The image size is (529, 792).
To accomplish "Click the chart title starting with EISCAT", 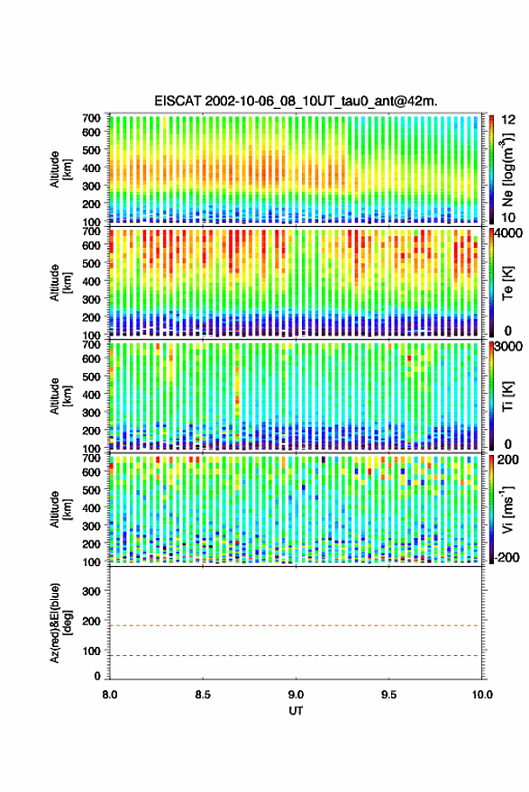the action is click(296, 101).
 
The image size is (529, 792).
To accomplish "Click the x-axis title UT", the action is click(296, 711).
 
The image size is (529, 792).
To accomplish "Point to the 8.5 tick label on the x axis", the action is click(203, 695).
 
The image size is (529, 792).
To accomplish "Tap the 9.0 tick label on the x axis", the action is click(296, 695).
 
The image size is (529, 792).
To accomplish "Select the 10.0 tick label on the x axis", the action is click(482, 695).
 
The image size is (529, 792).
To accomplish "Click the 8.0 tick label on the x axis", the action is click(110, 695).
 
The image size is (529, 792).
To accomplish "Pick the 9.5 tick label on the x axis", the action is click(388, 695).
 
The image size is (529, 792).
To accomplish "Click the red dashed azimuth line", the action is click(296, 626).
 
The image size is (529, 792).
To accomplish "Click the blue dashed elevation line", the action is click(296, 656).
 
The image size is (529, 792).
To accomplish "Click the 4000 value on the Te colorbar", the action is click(509, 234).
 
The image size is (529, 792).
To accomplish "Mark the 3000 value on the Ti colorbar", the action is click(509, 347).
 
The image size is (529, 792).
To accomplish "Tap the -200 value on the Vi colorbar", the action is click(507, 557).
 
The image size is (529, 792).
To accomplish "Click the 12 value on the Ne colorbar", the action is click(509, 120).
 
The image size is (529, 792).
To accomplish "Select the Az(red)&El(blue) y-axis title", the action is click(60, 623).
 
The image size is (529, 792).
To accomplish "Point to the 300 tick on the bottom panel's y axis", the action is click(91, 591).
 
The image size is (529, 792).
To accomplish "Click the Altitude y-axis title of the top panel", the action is click(60, 169).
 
